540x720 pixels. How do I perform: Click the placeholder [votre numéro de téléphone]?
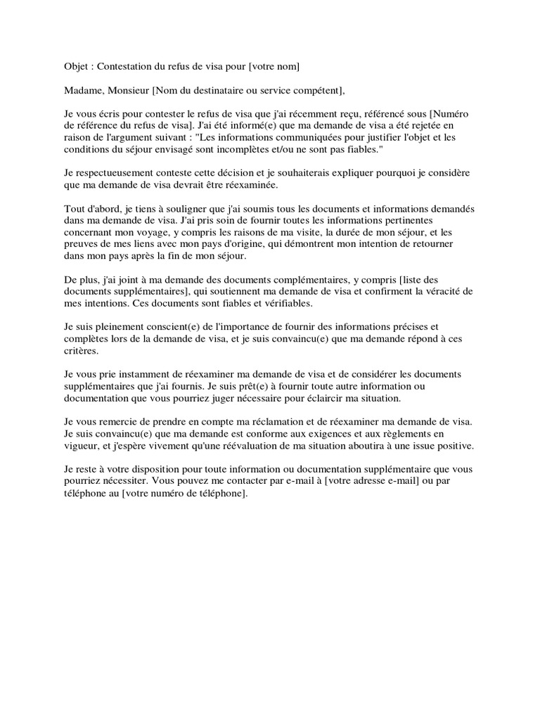184,494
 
